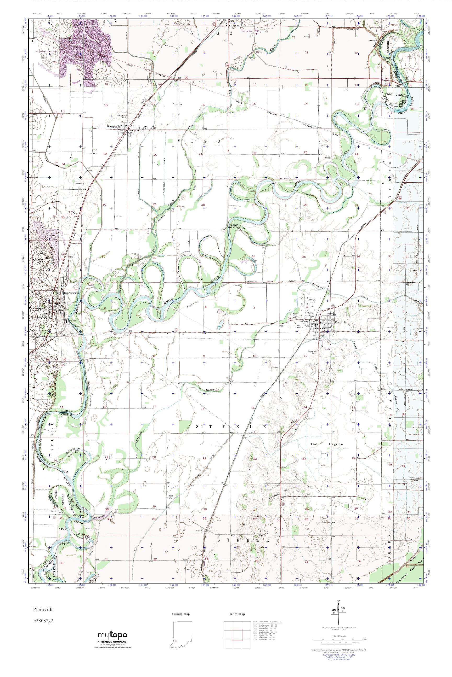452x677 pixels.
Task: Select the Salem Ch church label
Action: [x=120, y=116]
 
